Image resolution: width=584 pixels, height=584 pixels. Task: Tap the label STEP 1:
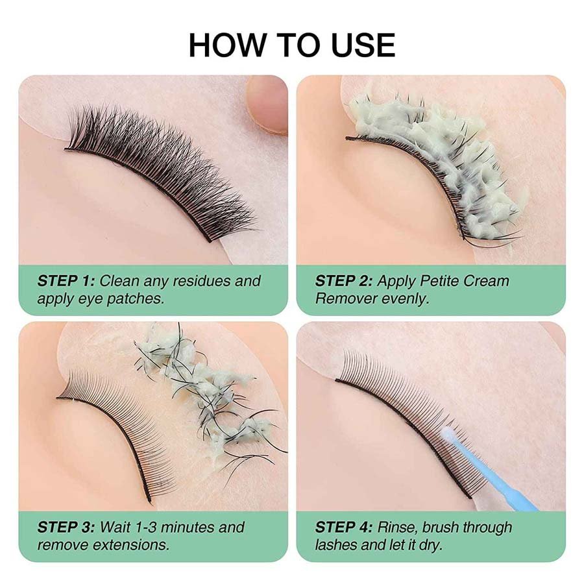[x=66, y=281]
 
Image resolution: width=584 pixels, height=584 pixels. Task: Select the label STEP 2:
[x=344, y=281]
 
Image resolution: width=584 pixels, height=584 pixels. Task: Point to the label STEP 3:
[x=66, y=527]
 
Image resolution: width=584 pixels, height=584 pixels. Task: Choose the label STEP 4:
[x=344, y=527]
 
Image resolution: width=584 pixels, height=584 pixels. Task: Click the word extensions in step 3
[x=130, y=545]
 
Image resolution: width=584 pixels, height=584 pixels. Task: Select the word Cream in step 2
[x=484, y=281]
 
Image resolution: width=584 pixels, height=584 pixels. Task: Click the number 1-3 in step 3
[x=147, y=527]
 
